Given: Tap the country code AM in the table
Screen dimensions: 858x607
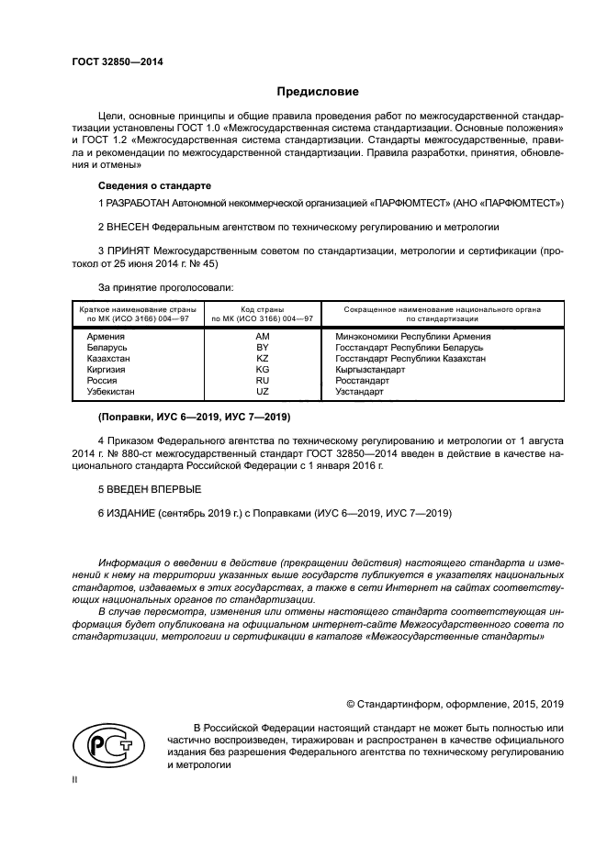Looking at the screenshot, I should (x=262, y=337).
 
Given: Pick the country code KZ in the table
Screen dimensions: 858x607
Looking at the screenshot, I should (x=262, y=359).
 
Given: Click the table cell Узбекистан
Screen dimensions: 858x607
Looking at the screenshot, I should (x=109, y=392).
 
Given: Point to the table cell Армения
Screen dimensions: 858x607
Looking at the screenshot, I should (x=106, y=337).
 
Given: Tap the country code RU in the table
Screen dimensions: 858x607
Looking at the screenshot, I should (x=262, y=381).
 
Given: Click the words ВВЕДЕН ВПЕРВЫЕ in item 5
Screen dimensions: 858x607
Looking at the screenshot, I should (x=152, y=489).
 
